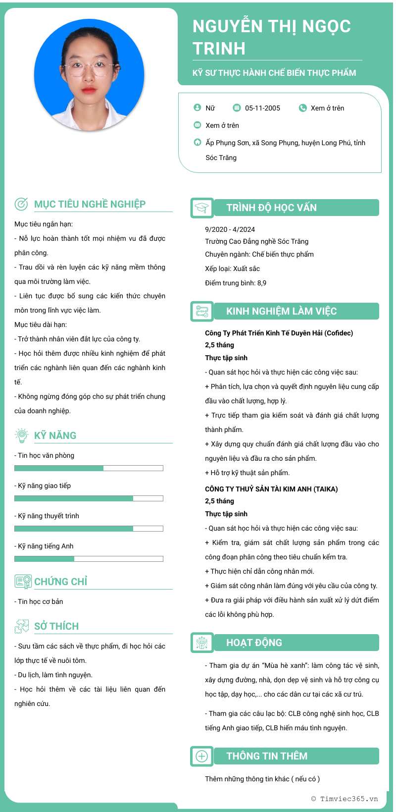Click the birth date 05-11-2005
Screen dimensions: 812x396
point(262,108)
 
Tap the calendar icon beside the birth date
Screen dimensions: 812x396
point(237,108)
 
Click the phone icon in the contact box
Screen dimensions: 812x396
point(302,108)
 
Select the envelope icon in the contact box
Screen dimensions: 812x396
point(197,125)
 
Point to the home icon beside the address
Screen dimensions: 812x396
point(197,142)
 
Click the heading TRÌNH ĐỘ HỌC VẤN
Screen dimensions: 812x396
point(271,208)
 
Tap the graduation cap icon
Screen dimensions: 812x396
point(202,208)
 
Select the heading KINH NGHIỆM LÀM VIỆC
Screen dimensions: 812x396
point(281,312)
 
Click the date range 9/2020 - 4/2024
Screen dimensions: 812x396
point(230,229)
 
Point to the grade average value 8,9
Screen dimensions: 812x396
point(262,283)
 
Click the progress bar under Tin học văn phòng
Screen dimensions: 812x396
point(89,468)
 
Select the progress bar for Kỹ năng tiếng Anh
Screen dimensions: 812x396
point(89,559)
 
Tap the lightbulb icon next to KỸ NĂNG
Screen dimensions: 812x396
point(21,435)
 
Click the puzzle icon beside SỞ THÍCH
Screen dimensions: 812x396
point(21,626)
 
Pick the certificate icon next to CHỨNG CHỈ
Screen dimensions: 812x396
point(23,582)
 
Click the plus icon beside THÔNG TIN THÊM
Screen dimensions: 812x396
point(202,756)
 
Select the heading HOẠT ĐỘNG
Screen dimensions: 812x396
point(254,643)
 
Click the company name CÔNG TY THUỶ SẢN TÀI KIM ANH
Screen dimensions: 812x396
point(271,489)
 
